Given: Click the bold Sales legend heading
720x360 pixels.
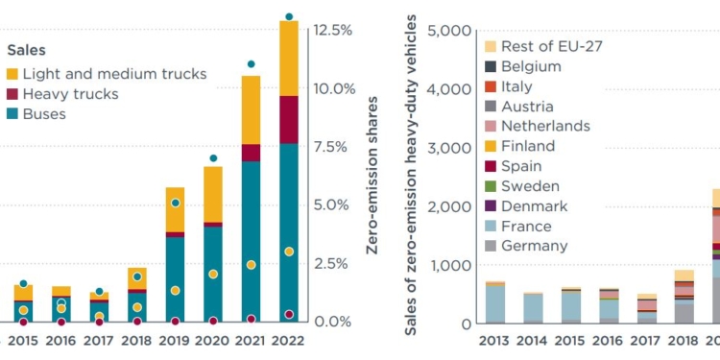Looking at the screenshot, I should [x=27, y=49].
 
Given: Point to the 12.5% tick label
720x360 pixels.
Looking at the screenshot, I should [x=332, y=30].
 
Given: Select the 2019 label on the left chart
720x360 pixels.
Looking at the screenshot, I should [x=175, y=341].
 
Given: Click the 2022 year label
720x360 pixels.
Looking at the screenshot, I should [x=289, y=341].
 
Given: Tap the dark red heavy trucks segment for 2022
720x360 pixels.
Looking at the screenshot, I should [x=289, y=119].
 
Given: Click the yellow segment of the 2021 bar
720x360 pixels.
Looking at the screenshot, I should [x=252, y=109].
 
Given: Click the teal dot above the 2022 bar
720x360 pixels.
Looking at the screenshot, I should [x=289, y=17].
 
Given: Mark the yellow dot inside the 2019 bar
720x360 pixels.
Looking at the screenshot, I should [x=175, y=290].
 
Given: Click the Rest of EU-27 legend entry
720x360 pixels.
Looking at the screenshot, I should [x=551, y=46].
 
